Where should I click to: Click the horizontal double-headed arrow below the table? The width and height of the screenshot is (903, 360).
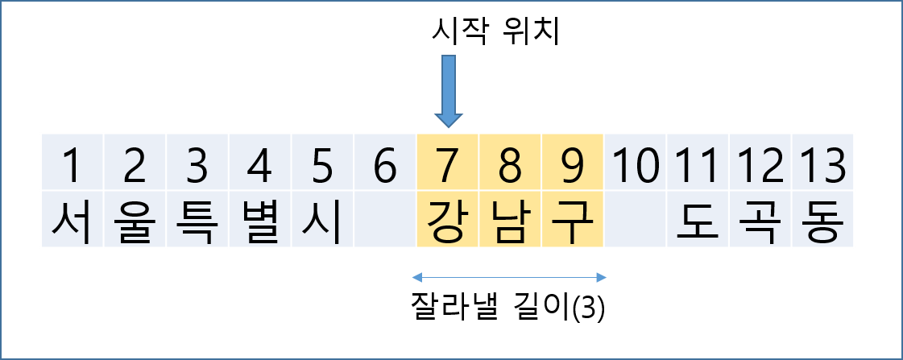click(509, 278)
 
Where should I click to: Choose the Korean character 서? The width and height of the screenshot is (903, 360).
click(72, 220)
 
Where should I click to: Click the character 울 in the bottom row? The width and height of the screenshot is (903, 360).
click(135, 220)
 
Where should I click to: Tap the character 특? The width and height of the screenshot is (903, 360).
click(197, 220)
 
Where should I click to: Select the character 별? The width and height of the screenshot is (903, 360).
click(260, 220)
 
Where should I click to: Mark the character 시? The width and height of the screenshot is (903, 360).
click(322, 220)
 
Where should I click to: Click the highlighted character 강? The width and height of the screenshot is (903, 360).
click(448, 220)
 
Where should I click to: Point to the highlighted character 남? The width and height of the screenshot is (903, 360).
click(510, 220)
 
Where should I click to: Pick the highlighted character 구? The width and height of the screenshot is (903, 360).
click(572, 220)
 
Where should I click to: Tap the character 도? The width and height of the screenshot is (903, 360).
click(698, 220)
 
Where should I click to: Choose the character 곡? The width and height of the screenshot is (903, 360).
click(760, 220)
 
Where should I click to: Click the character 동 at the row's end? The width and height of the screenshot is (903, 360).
click(823, 220)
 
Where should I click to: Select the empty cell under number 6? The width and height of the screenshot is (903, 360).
click(385, 220)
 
